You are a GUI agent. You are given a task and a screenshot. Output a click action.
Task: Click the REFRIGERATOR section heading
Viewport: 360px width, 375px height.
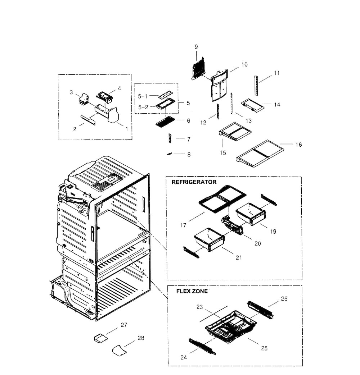tap(194, 182)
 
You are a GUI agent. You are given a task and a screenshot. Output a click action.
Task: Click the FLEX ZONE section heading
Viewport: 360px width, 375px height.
tap(192, 292)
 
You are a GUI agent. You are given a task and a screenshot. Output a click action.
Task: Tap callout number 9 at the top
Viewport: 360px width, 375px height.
tap(196, 47)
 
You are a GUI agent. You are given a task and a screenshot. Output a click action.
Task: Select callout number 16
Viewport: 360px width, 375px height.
tap(298, 145)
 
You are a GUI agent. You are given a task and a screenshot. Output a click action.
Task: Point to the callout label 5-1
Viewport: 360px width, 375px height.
tap(143, 96)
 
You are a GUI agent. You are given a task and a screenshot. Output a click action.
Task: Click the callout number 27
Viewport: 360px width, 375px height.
tap(124, 325)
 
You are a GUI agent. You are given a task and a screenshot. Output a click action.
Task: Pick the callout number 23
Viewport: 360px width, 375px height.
tap(200, 307)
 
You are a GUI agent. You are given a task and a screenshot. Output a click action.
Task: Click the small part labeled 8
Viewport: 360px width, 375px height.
tap(168, 154)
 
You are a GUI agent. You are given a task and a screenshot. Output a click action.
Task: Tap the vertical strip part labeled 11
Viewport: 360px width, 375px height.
tap(256, 85)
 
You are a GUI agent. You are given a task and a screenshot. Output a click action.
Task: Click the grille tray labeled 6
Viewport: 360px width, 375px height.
tap(165, 123)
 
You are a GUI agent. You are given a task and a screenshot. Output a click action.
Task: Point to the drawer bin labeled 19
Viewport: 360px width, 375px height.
tap(250, 214)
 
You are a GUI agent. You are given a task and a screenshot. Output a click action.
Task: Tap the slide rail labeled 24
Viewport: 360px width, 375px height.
tap(202, 346)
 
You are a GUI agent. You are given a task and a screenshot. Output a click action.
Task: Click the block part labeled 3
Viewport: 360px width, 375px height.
tap(84, 98)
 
